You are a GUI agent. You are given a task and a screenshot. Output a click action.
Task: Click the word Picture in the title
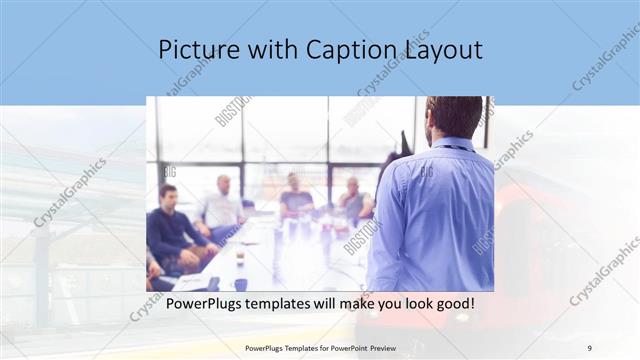click(x=194, y=49)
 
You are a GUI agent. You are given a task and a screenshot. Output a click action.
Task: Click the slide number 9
click(x=589, y=347)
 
